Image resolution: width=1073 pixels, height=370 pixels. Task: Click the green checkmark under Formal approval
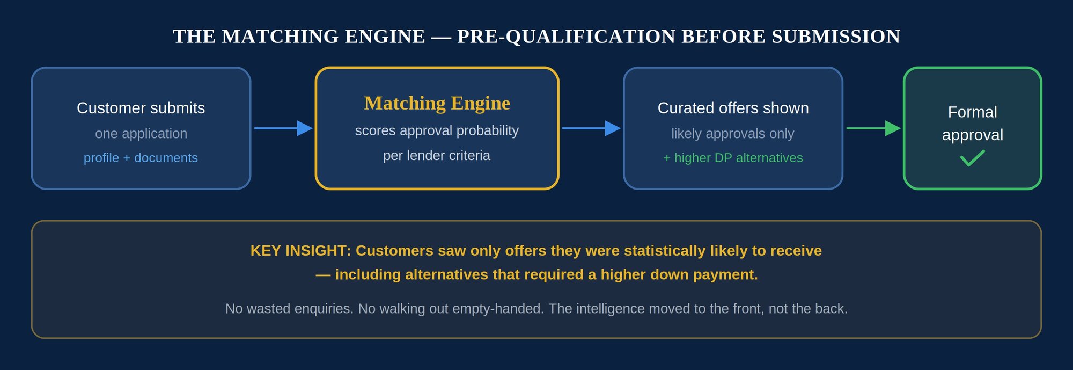tap(972, 158)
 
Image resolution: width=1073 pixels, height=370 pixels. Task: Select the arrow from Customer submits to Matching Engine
tap(283, 128)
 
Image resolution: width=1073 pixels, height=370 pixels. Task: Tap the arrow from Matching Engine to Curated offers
tap(591, 128)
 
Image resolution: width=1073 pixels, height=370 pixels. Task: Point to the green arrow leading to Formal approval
tap(873, 128)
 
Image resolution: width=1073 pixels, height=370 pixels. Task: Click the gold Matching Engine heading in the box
tap(437, 103)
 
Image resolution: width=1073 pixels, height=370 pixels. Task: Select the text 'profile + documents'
tap(141, 158)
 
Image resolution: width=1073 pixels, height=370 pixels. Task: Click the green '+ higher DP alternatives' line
tap(733, 158)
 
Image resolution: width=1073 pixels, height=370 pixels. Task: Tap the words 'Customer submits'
tap(141, 108)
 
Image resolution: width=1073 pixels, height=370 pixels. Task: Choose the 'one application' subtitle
tap(141, 134)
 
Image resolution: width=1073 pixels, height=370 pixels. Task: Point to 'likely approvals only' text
tap(733, 134)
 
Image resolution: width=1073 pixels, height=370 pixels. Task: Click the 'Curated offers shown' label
tap(733, 108)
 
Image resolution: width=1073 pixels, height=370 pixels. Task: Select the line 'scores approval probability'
tap(437, 131)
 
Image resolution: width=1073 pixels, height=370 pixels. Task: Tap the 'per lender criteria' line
tap(437, 156)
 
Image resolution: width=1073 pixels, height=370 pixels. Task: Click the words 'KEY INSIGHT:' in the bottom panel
tap(300, 251)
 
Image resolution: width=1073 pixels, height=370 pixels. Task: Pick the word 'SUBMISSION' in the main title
tap(836, 37)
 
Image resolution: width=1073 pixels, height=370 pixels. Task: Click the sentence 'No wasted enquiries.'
tap(289, 309)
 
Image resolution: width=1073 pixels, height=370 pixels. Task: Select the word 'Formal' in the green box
tap(972, 112)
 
